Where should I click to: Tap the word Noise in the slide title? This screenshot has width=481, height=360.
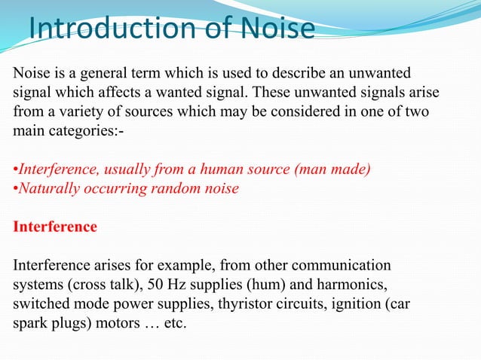coord(278,29)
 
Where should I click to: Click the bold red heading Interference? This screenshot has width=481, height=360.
coord(56,226)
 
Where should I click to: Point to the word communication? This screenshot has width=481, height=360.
coord(343,266)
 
